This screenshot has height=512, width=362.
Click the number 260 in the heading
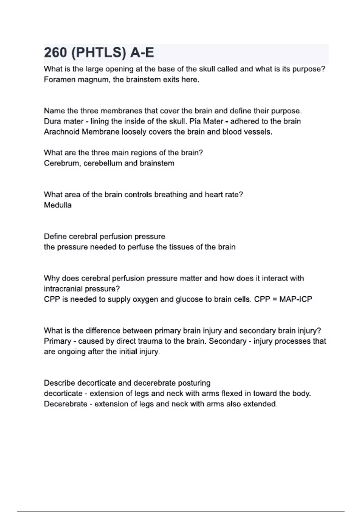56,53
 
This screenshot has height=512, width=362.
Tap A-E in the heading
142,53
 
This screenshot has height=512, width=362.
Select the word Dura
52,121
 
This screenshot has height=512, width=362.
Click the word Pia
195,121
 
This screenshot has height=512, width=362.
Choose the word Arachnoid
62,132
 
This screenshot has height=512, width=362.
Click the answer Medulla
58,205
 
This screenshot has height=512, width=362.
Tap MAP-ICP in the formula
296,299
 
